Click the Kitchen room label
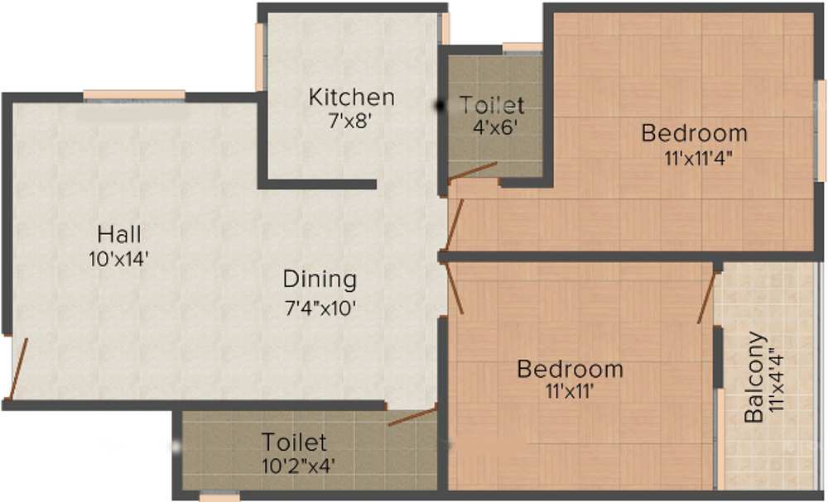click(x=351, y=97)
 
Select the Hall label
click(x=119, y=232)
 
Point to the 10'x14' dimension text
click(x=119, y=259)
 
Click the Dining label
click(x=320, y=279)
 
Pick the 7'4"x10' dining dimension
click(x=320, y=308)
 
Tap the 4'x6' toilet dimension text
click(x=493, y=128)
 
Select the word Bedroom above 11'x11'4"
click(x=694, y=132)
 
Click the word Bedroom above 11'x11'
click(x=570, y=368)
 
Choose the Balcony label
click(x=753, y=377)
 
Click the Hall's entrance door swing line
click(x=17, y=368)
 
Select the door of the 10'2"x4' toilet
click(x=412, y=415)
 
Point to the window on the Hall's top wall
click(x=134, y=95)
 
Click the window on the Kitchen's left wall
click(x=259, y=56)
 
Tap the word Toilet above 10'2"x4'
click(x=295, y=442)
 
